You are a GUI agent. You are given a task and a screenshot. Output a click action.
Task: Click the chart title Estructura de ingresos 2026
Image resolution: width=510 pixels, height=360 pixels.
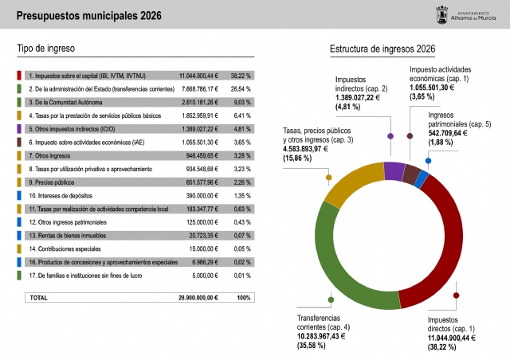pos(382,49)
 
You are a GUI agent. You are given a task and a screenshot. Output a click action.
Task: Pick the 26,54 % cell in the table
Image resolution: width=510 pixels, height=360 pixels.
pos(241,88)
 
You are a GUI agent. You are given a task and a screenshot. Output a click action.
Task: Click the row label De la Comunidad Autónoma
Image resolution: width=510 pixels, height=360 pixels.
pos(64,102)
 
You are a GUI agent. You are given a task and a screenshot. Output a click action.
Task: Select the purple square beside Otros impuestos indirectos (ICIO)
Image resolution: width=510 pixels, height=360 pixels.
pos(19,128)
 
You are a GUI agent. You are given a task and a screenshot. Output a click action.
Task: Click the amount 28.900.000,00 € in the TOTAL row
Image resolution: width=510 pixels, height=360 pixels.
pos(199,297)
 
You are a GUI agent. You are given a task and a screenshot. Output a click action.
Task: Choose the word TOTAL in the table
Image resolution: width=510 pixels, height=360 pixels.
pos(38,297)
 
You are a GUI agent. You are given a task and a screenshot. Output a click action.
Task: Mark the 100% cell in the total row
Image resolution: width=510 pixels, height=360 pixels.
pos(244,297)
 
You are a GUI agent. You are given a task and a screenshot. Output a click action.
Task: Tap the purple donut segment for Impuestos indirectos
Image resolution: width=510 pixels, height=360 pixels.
pos(394,169)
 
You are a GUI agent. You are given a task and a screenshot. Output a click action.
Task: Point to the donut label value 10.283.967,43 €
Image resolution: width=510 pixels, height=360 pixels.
pos(316,335)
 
